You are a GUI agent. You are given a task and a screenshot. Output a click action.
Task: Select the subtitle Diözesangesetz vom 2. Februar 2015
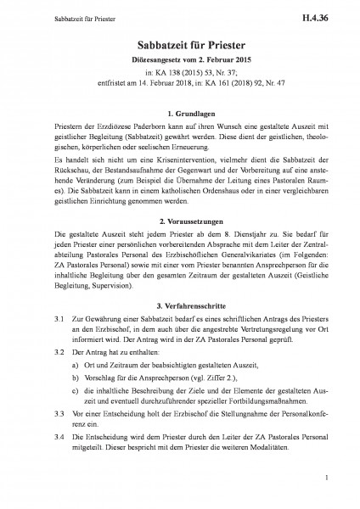point(180,59)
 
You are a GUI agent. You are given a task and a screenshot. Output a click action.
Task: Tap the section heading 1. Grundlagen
point(180,113)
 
